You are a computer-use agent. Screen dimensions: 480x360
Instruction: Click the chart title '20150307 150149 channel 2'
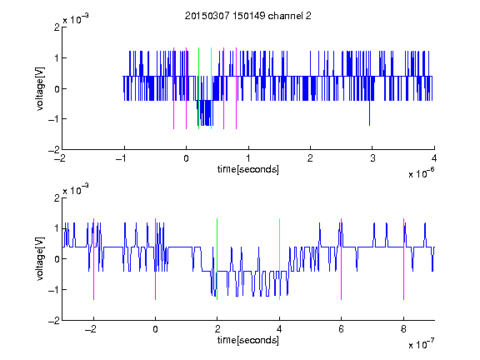click(x=248, y=16)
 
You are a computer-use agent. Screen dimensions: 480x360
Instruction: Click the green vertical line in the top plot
click(x=198, y=88)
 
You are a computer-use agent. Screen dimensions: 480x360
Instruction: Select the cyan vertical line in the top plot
click(x=211, y=88)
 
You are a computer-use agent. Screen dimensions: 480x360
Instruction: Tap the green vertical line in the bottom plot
click(x=217, y=259)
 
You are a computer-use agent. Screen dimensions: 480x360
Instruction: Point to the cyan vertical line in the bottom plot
click(x=279, y=259)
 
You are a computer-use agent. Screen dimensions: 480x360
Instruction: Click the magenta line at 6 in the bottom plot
click(x=342, y=259)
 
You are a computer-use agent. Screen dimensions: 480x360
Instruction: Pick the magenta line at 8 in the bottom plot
click(x=404, y=259)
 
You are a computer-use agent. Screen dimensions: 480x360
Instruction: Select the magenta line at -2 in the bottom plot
click(x=93, y=259)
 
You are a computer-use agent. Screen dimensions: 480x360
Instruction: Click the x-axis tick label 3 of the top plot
click(x=372, y=158)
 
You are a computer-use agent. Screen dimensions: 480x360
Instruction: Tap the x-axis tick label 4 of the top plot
click(x=434, y=158)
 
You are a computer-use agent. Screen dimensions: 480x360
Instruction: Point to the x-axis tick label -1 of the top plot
click(x=122, y=158)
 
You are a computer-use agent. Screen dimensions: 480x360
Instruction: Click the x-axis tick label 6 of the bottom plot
click(x=342, y=329)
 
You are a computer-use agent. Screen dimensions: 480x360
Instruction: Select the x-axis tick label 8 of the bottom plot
click(x=403, y=329)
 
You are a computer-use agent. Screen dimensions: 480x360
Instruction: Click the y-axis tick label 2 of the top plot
click(x=57, y=27)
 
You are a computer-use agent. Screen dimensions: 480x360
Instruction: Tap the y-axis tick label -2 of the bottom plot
click(x=54, y=321)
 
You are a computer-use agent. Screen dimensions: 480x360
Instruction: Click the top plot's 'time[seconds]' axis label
click(x=248, y=169)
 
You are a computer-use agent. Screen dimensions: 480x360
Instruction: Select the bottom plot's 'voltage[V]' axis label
click(x=40, y=258)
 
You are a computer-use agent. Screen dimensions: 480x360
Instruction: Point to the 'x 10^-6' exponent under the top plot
click(x=421, y=173)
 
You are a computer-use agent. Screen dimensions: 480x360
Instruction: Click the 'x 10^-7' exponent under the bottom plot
click(x=421, y=344)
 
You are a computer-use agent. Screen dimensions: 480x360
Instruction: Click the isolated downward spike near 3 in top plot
click(x=369, y=112)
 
